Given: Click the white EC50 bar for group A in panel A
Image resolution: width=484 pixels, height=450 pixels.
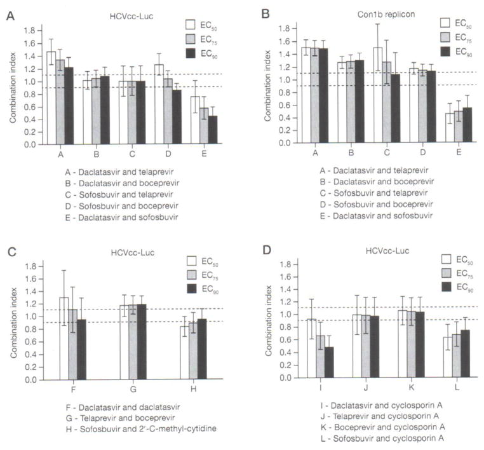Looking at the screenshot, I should pos(51,99).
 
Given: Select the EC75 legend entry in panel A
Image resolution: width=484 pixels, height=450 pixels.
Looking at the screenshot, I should pos(203,39).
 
